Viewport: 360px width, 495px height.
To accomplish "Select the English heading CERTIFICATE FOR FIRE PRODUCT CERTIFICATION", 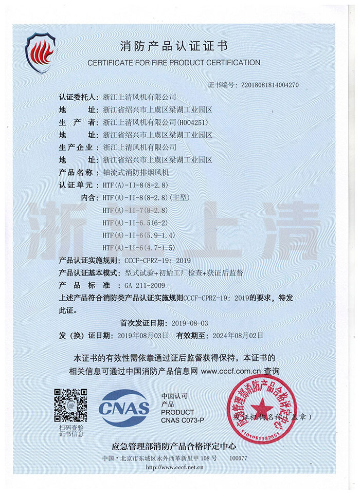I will [x=174, y=62].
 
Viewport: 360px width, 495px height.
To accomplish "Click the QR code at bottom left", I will [x=70, y=406].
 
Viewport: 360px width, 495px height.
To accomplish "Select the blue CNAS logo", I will [x=124, y=409].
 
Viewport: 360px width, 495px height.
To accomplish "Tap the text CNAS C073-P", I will [x=183, y=420].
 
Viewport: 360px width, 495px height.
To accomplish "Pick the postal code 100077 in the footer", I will [x=239, y=457].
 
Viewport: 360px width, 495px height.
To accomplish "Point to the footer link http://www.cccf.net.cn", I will [x=175, y=467].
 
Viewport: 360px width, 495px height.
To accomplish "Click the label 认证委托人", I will [x=78, y=97].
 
